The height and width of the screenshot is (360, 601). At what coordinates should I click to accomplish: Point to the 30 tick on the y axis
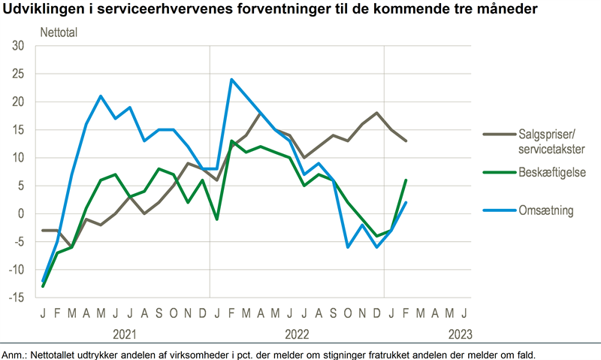coord(19,46)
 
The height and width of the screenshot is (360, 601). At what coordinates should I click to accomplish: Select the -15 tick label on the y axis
coord(17,298)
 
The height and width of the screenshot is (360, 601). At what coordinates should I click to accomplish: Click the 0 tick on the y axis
coord(22,214)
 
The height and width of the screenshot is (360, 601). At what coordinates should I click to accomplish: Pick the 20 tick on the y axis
coord(19,102)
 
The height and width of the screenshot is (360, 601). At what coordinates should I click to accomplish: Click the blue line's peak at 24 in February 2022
coord(231,80)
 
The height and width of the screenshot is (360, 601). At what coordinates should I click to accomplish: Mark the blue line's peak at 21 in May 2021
coord(101,96)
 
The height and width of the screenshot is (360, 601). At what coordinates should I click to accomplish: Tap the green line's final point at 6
coord(406,180)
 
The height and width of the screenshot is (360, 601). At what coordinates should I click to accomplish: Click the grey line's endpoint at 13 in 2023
coord(406,141)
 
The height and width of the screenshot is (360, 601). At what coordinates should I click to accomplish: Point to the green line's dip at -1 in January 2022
coord(217,219)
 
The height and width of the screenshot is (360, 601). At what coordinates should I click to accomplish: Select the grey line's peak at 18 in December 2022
coord(376,113)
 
